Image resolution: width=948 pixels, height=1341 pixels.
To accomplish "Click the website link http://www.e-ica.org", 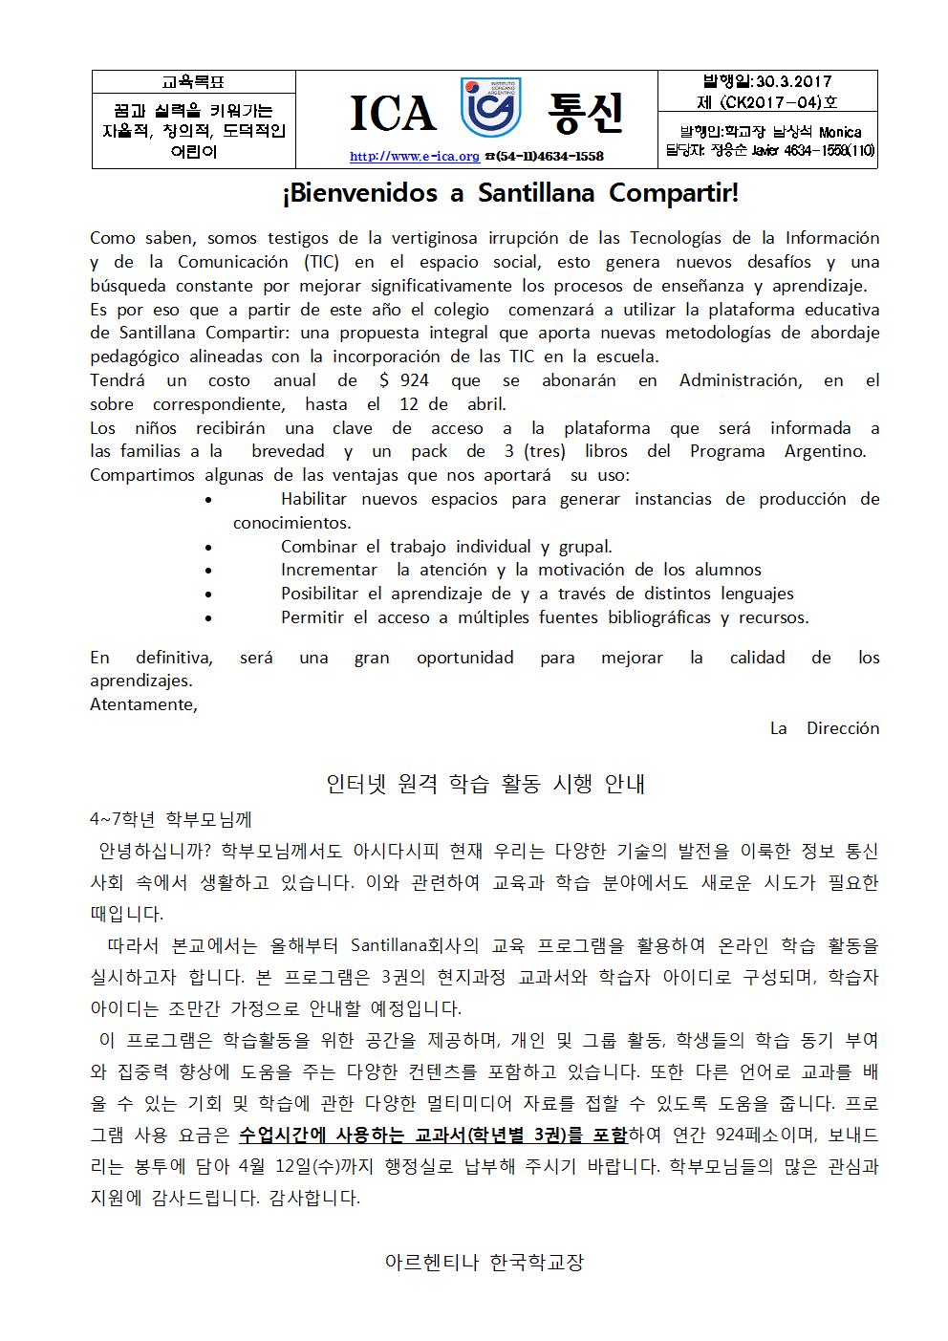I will tap(414, 157).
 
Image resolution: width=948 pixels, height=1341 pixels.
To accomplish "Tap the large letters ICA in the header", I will tap(392, 115).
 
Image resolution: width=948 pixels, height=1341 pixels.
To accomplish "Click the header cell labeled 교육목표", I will tap(194, 83).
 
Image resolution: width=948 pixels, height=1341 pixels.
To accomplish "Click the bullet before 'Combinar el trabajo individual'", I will tap(209, 548).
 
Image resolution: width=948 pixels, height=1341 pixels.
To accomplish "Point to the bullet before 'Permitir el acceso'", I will tap(209, 618).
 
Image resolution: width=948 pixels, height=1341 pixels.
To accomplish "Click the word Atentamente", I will tap(143, 704).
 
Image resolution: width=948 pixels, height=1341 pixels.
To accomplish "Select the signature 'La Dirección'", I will tap(824, 728).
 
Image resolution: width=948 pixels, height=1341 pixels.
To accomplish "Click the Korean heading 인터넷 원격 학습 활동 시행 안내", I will tap(485, 785).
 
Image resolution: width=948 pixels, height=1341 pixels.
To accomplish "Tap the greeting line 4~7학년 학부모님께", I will tap(171, 819).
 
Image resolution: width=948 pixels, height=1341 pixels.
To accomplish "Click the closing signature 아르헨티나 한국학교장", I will tap(484, 1262).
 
